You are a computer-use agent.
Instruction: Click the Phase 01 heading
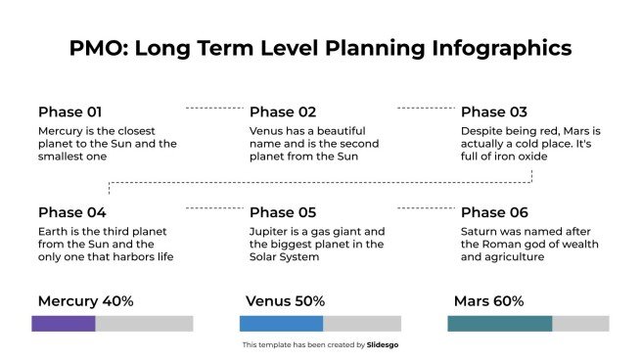[69, 112]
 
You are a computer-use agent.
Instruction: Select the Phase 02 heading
[283, 112]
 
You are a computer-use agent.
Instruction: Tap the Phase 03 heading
[494, 112]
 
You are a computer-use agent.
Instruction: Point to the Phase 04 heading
[71, 212]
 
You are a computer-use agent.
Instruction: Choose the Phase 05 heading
[283, 212]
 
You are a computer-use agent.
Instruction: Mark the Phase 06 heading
[494, 212]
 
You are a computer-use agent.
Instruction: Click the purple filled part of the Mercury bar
[64, 324]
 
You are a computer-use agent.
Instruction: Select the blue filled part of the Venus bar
[281, 324]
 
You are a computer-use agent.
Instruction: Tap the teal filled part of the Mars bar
[499, 324]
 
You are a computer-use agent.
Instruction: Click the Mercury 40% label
[85, 301]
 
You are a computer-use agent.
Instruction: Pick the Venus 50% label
[285, 301]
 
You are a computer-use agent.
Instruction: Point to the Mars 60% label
[488, 301]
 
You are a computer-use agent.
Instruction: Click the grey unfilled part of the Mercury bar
[144, 324]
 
